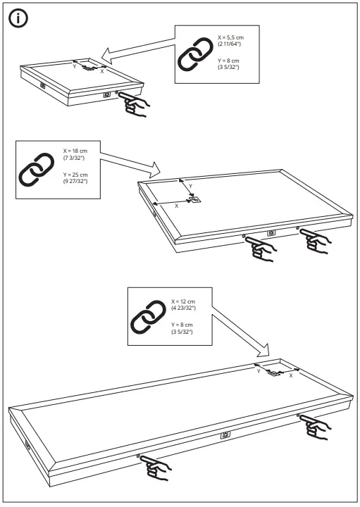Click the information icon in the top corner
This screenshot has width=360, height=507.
(19, 19)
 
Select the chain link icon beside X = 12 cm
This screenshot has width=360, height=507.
(149, 320)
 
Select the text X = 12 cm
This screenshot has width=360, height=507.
(182, 301)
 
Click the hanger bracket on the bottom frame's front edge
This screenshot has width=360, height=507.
(225, 434)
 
